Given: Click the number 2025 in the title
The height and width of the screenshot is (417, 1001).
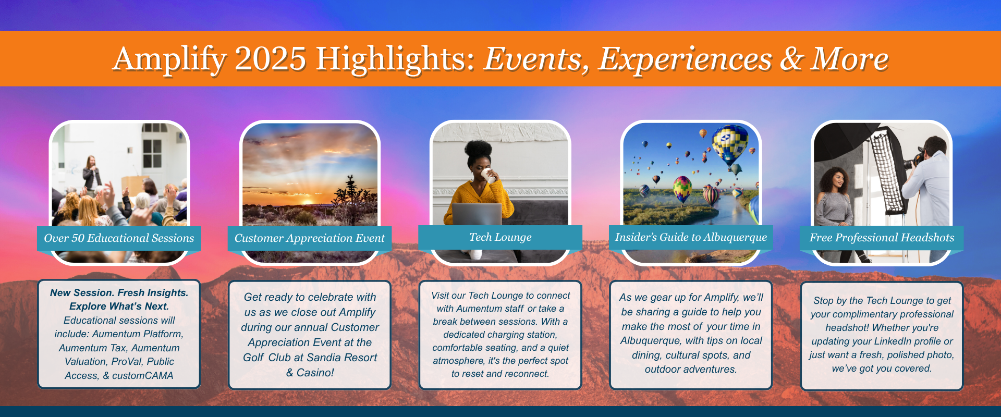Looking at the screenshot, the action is pyautogui.click(x=270, y=58).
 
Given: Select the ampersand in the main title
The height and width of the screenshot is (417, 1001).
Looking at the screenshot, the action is pyautogui.click(x=791, y=59).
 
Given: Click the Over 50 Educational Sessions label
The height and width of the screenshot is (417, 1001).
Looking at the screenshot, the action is pyautogui.click(x=119, y=238).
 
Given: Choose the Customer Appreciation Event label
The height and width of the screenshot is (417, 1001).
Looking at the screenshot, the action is pyautogui.click(x=310, y=238).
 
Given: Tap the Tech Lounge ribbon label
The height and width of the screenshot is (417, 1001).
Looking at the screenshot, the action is pyautogui.click(x=500, y=237).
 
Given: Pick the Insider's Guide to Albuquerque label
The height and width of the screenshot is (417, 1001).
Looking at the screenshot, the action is pyautogui.click(x=691, y=237).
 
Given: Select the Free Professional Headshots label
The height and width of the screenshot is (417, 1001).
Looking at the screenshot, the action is pyautogui.click(x=882, y=238).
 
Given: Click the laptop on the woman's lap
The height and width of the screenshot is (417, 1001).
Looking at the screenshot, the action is pyautogui.click(x=477, y=214).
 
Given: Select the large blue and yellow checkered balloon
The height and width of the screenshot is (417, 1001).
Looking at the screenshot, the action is pyautogui.click(x=730, y=144).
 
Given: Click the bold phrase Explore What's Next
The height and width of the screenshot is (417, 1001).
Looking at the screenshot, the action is pyautogui.click(x=119, y=306).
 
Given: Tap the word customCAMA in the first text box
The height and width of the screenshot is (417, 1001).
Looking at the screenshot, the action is pyautogui.click(x=142, y=375).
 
